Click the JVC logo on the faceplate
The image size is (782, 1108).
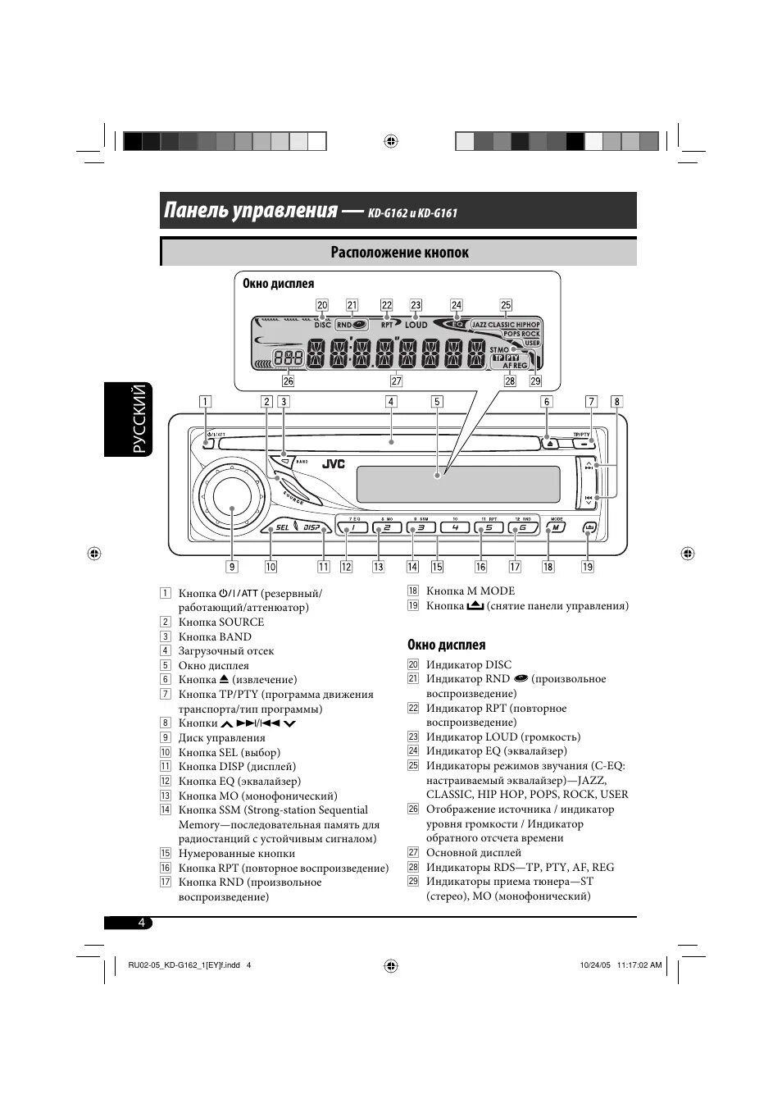click(333, 464)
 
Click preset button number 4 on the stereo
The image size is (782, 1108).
click(455, 527)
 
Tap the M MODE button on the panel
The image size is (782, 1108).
click(557, 527)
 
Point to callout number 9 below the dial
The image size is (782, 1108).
click(232, 566)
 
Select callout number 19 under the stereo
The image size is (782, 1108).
click(588, 566)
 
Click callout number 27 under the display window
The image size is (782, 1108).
click(397, 381)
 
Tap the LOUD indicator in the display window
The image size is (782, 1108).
click(416, 325)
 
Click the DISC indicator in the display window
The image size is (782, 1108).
click(322, 325)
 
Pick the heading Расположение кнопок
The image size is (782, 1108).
click(399, 253)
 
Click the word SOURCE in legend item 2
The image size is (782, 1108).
click(241, 622)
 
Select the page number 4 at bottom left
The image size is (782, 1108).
click(141, 923)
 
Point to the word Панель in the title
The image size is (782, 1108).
click(199, 211)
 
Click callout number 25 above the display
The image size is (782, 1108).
click(506, 305)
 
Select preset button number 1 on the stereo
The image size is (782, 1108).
click(352, 527)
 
